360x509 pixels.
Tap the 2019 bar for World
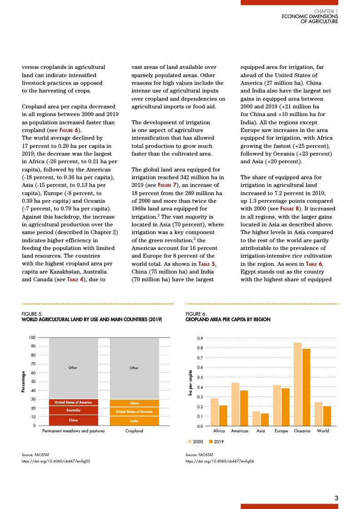pos(327,416)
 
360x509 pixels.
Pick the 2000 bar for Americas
pos(235,404)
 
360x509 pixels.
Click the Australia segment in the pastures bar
pos(74,410)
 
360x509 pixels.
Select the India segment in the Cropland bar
pos(134,421)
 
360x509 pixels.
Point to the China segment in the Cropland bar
pos(134,403)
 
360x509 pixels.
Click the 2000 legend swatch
pos(190,441)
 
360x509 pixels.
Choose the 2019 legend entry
pos(216,441)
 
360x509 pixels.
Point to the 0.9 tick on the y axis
pos(200,338)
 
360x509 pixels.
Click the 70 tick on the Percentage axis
pos(33,364)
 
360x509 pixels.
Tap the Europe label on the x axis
pos(281,431)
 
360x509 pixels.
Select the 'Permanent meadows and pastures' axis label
pos(74,431)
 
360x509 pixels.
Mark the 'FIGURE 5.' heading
pos(32,313)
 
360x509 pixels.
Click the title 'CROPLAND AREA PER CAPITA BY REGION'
pos(228,319)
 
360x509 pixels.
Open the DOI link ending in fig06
pos(220,461)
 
